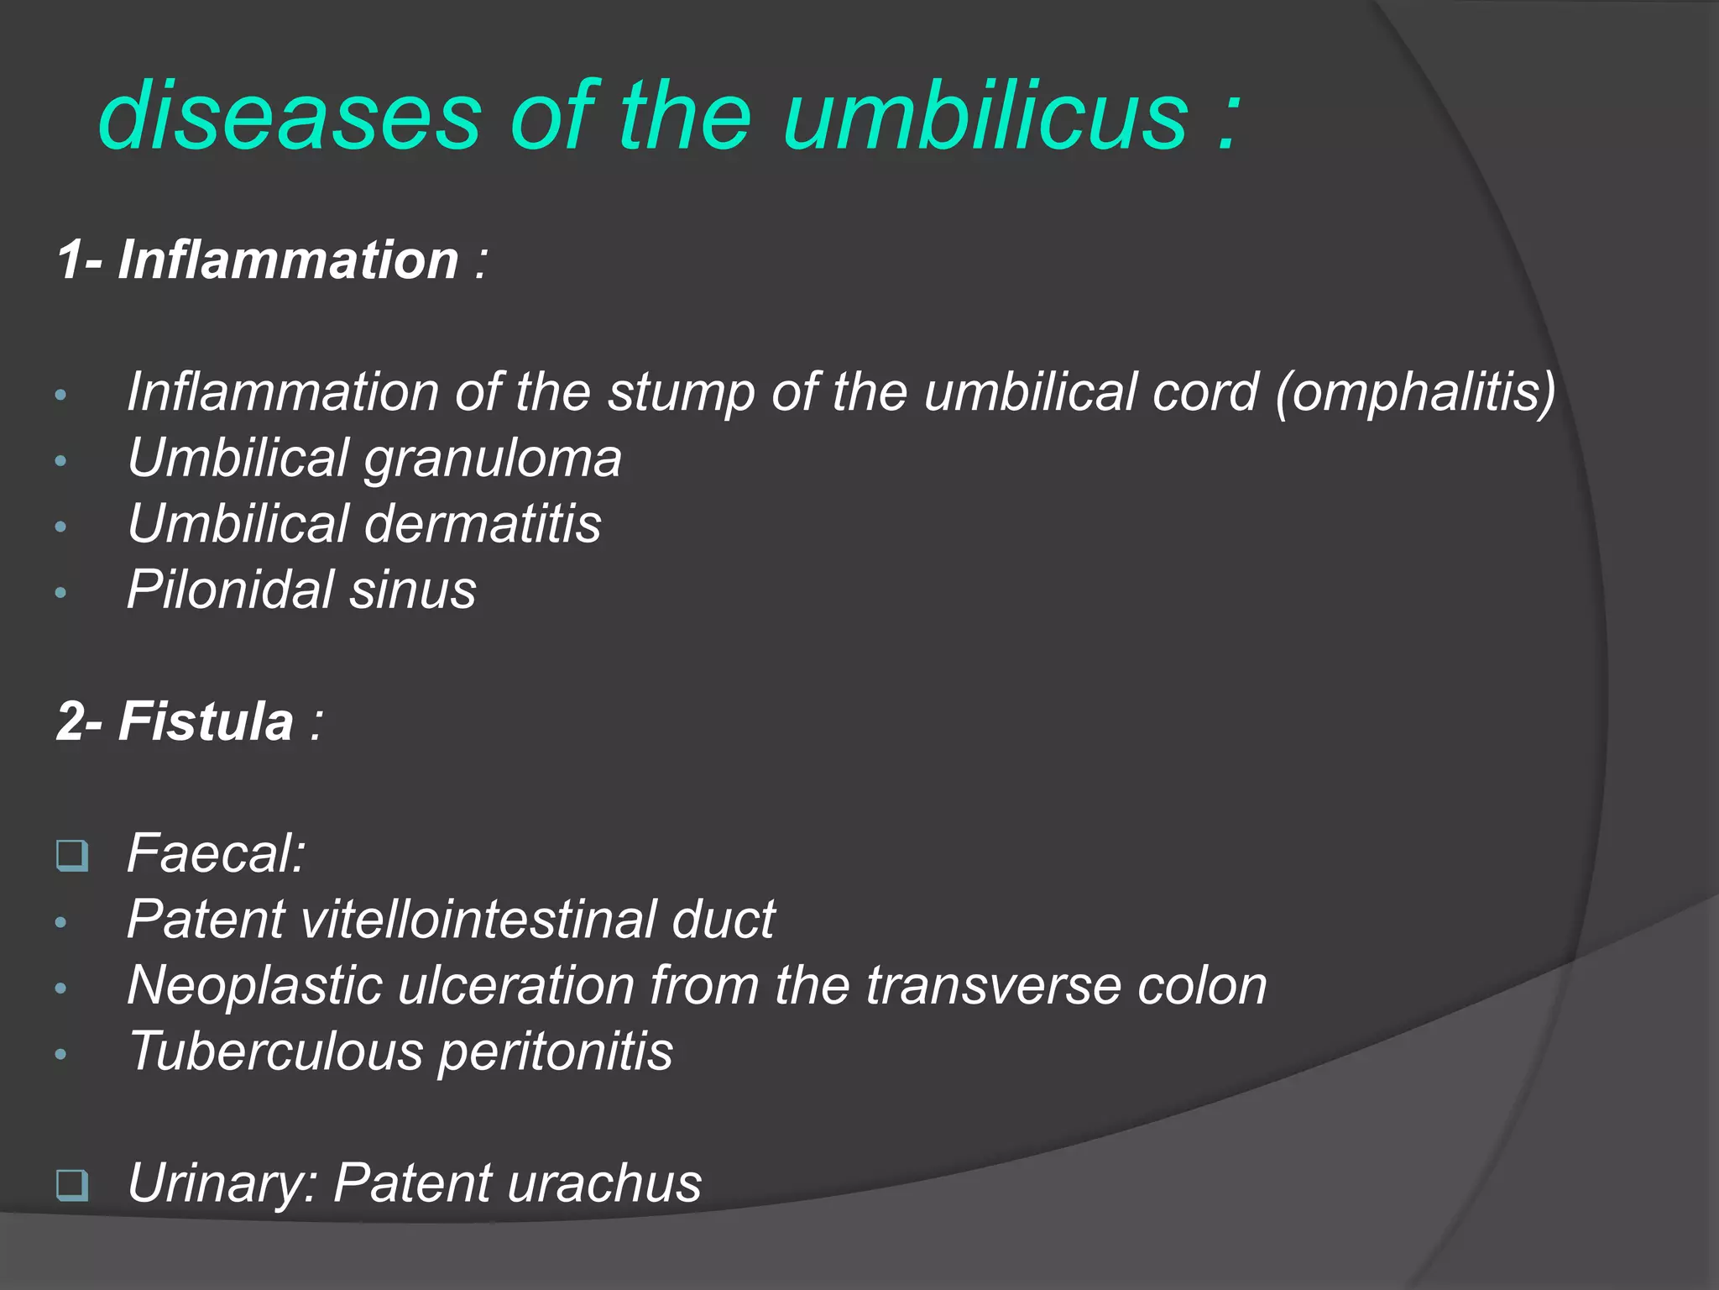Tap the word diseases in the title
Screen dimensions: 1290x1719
(x=290, y=116)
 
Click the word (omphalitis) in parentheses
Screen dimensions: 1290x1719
(x=1414, y=392)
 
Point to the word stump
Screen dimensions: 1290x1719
(x=681, y=392)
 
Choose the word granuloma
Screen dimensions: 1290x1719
(x=493, y=459)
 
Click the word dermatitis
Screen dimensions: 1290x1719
(x=483, y=524)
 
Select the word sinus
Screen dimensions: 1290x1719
(x=413, y=590)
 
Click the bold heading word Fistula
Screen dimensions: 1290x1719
(x=206, y=721)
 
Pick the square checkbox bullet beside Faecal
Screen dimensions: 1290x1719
(x=72, y=856)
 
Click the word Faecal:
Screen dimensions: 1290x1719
(x=216, y=854)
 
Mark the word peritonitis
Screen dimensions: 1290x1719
(x=555, y=1051)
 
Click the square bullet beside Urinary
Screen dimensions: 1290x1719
(x=72, y=1185)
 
